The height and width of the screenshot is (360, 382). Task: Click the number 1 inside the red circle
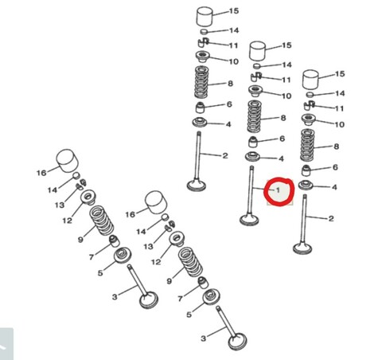coord(278,190)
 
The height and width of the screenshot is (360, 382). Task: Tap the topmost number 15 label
coord(233,11)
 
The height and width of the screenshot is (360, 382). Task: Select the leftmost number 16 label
coord(41,171)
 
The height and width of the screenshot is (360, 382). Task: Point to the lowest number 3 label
coord(203,339)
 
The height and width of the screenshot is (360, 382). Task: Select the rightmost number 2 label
coord(330,218)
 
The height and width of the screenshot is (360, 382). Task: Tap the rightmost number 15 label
coord(340,74)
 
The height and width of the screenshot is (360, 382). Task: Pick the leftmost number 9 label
coord(80,239)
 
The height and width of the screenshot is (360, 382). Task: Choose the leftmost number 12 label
coord(68,221)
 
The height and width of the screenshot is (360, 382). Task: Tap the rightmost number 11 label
coord(340,108)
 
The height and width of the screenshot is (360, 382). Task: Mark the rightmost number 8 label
coord(335,147)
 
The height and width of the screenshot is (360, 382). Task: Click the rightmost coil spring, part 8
coord(307,146)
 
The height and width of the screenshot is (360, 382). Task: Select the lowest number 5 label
coord(189,315)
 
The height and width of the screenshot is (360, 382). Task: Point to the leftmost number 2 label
coord(225,155)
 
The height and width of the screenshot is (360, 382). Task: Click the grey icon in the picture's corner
coord(6,345)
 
